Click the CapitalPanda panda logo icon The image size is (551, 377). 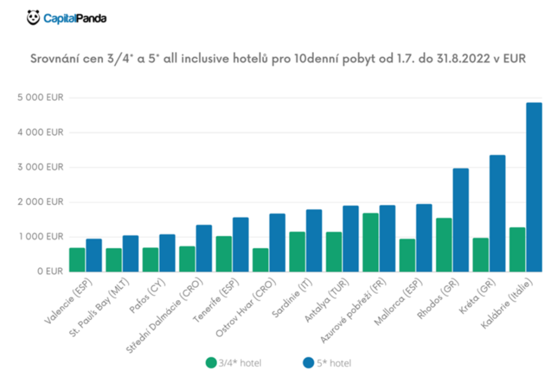coord(33,18)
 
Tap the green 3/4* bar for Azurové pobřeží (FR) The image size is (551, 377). coord(371,242)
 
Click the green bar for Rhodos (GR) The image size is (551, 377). coord(444,245)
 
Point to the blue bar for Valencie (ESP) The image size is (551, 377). coord(94,255)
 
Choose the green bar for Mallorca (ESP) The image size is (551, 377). coord(407,255)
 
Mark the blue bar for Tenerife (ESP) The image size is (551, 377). coord(241,245)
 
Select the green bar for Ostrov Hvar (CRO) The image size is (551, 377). coord(260,260)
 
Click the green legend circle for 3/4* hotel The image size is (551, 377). coord(210,363)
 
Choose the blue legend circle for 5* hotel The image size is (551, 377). coord(308,363)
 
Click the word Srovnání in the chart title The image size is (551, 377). coord(52,59)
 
